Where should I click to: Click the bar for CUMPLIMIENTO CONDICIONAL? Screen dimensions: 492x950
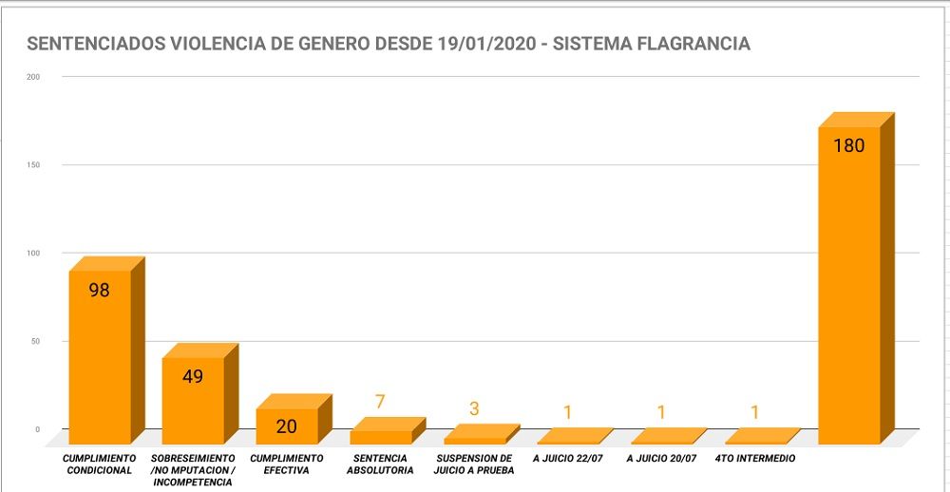100,356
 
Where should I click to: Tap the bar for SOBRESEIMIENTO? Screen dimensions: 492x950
193,399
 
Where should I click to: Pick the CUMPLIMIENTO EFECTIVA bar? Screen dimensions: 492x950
287,426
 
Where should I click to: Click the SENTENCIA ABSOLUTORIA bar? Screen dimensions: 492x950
381,437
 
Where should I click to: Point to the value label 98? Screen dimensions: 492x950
100,291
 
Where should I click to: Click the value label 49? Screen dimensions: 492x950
193,376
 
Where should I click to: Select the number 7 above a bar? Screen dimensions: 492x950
380,402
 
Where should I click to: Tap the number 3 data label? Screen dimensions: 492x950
474,409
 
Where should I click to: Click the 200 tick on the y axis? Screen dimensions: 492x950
33,77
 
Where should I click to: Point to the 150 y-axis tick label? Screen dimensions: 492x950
33,165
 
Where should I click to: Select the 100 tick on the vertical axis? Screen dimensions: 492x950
33,254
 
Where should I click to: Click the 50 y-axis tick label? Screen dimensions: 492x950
35,342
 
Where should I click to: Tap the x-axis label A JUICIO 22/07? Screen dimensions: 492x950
568,459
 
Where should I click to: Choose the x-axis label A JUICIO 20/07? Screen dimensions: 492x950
662,459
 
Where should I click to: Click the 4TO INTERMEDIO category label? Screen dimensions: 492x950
755,459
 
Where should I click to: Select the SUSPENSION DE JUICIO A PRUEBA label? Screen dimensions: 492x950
473,464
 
